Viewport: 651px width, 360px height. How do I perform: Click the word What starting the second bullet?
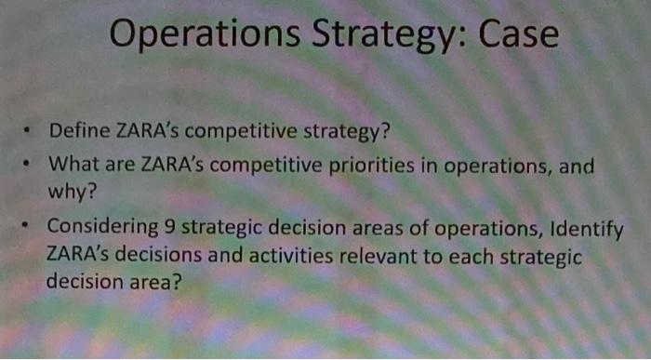(71, 166)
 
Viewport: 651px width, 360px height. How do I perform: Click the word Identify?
(587, 229)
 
